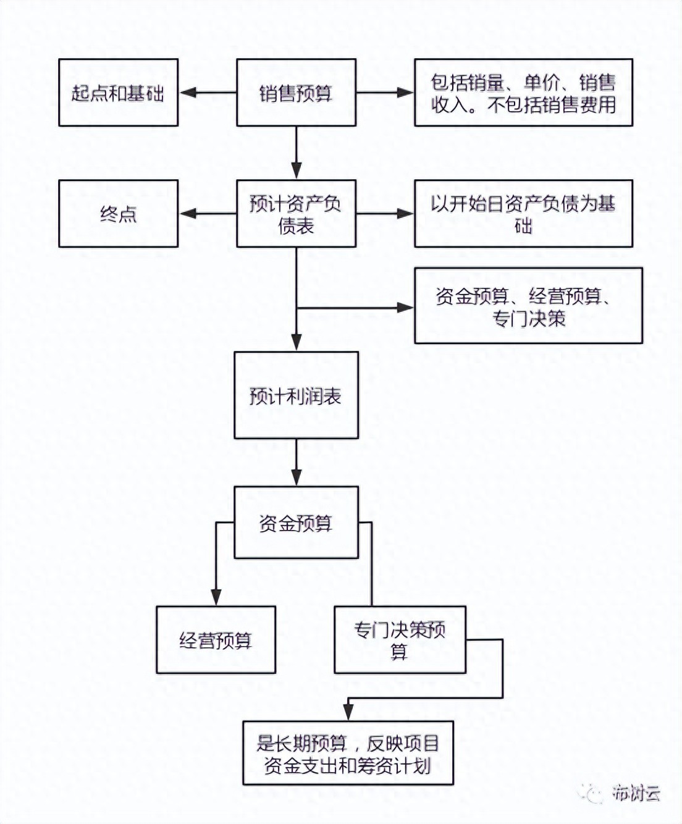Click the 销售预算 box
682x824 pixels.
296,93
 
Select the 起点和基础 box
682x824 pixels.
118,93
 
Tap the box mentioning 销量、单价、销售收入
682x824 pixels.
523,93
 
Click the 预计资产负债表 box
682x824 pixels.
296,214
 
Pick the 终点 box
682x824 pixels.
118,214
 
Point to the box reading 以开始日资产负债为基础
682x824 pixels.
523,214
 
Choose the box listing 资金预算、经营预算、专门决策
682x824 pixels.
528,306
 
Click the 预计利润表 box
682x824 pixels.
296,395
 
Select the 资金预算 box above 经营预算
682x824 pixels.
296,523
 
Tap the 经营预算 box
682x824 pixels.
216,640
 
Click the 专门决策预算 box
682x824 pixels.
400,640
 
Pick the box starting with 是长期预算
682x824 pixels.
348,753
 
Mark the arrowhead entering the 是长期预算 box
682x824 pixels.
348,712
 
